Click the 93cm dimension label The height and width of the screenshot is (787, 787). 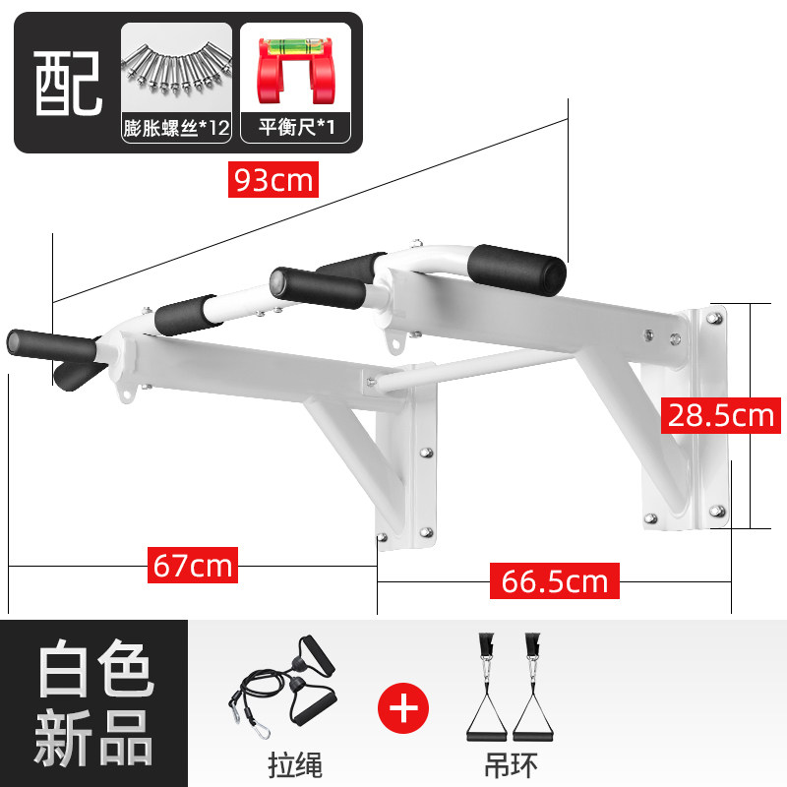click(272, 180)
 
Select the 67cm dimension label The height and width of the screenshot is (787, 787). click(193, 566)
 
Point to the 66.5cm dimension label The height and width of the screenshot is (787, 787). click(550, 580)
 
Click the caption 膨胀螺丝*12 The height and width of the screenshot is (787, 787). click(176, 129)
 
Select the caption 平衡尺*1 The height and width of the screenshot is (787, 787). click(293, 129)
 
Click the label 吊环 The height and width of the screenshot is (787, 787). click(512, 764)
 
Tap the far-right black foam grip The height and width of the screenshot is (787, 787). click(515, 266)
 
